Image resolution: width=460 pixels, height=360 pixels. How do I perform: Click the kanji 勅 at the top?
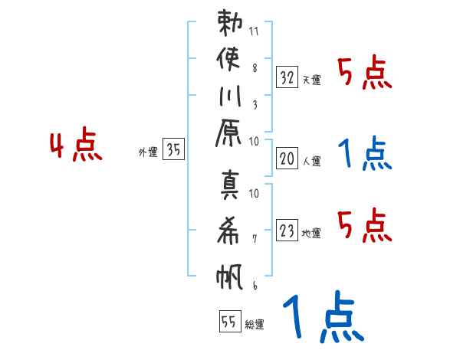(230, 23)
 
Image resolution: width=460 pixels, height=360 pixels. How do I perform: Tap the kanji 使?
(228, 59)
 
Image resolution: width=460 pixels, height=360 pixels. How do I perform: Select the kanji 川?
(230, 96)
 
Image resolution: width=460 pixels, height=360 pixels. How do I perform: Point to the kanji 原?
(228, 133)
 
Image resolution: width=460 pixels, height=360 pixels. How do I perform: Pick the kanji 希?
(228, 231)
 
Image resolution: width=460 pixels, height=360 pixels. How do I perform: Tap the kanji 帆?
(229, 277)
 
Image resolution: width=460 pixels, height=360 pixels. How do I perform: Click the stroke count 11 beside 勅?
(254, 31)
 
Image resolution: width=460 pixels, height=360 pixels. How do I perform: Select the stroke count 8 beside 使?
(255, 68)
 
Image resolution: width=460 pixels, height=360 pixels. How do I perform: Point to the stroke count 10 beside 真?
(254, 193)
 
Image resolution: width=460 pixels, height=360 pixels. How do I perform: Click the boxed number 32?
(287, 77)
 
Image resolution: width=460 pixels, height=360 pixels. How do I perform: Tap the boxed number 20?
(287, 159)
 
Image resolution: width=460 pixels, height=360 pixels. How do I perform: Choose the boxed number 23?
(287, 230)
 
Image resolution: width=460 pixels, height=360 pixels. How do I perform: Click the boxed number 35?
(173, 149)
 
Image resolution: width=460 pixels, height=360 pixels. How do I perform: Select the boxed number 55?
(230, 321)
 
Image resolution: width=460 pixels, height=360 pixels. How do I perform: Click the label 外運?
(148, 152)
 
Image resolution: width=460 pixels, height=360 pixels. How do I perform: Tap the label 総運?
(255, 325)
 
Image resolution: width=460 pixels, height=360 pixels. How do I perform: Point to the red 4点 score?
(76, 144)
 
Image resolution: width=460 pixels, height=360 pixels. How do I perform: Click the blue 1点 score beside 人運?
(365, 153)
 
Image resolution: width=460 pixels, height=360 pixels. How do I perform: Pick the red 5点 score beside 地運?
(365, 225)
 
